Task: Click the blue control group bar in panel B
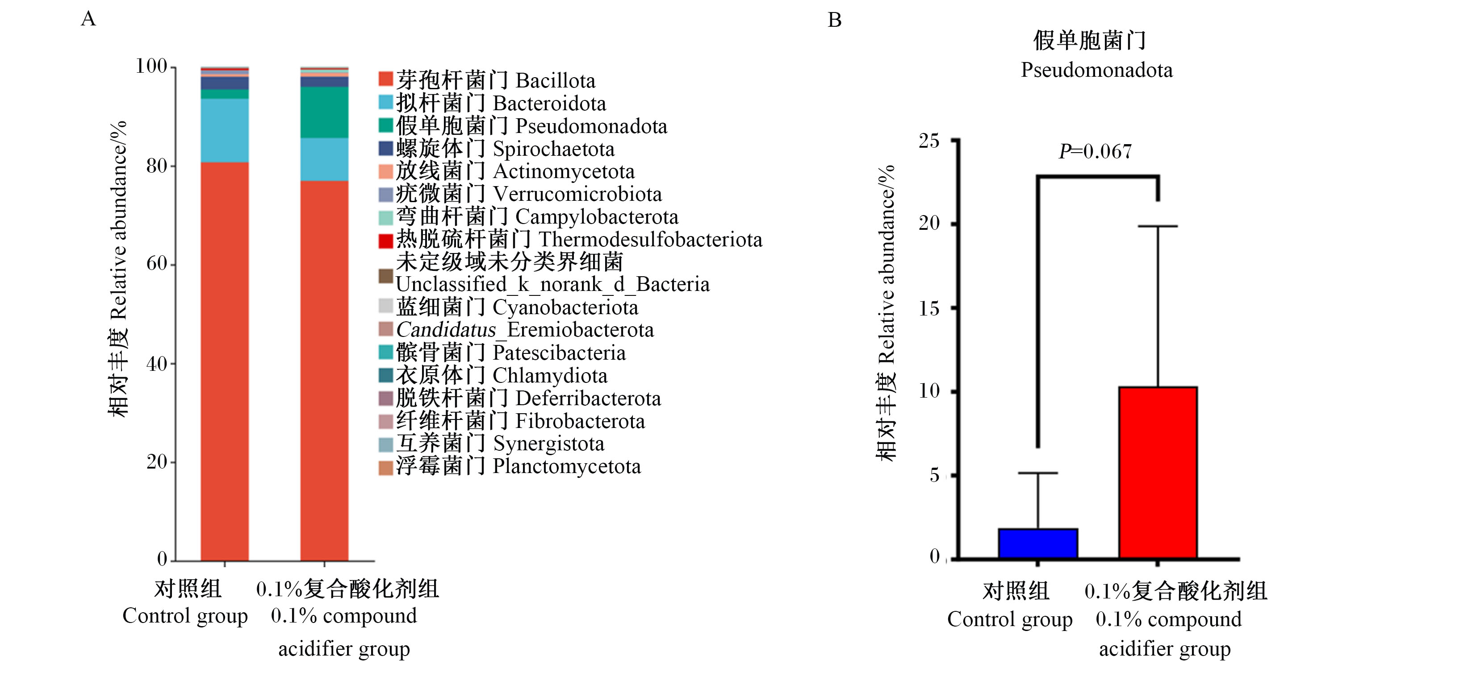pyautogui.click(x=1038, y=543)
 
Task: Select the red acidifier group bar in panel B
pyautogui.click(x=1158, y=473)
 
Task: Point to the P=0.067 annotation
pyautogui.click(x=1095, y=151)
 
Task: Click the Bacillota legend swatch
pyautogui.click(x=385, y=79)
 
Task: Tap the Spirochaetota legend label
pyautogui.click(x=505, y=149)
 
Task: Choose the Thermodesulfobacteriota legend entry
pyautogui.click(x=571, y=239)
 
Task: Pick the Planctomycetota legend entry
pyautogui.click(x=510, y=466)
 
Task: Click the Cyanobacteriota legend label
pyautogui.click(x=517, y=307)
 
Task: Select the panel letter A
pyautogui.click(x=88, y=19)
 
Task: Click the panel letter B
pyautogui.click(x=834, y=20)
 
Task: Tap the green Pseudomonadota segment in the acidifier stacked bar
pyautogui.click(x=324, y=112)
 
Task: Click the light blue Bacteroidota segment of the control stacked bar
pyautogui.click(x=225, y=131)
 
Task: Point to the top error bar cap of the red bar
pyautogui.click(x=1158, y=226)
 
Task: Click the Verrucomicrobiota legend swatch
pyautogui.click(x=385, y=195)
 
